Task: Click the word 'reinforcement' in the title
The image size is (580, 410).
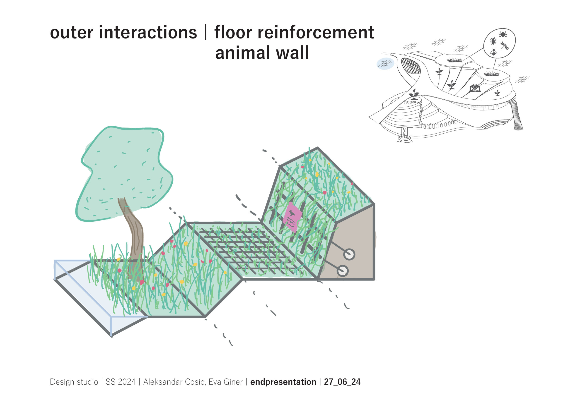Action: (316, 33)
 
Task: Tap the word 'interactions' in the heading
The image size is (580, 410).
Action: (148, 33)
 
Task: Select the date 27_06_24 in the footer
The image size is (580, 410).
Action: (342, 382)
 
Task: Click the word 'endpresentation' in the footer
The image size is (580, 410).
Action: (283, 382)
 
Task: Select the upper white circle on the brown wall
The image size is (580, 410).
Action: (349, 254)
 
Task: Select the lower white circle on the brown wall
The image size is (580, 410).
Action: (343, 271)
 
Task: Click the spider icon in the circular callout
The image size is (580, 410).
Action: (503, 33)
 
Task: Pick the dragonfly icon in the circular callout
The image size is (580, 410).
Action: (505, 46)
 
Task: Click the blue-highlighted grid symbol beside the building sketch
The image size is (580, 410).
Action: (385, 64)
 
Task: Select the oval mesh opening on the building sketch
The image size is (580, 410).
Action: (411, 66)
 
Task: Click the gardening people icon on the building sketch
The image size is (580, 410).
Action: (475, 88)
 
